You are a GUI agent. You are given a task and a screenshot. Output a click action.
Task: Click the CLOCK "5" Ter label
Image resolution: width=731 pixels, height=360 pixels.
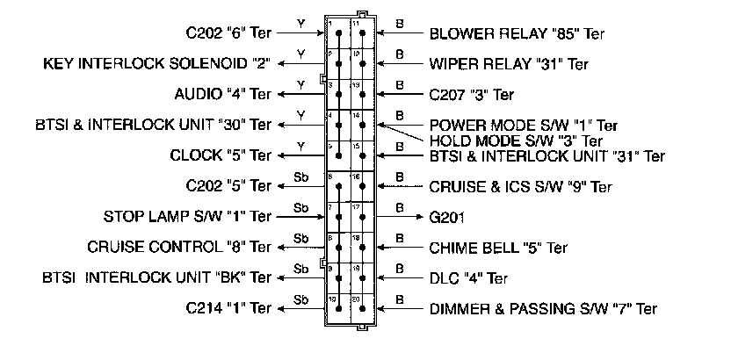[221, 156]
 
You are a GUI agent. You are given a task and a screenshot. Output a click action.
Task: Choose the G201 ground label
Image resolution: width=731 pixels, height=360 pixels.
[448, 216]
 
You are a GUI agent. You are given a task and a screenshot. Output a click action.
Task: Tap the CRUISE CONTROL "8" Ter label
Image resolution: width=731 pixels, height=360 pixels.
[180, 247]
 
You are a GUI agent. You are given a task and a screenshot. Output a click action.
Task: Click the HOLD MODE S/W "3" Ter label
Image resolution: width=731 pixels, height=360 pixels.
[515, 140]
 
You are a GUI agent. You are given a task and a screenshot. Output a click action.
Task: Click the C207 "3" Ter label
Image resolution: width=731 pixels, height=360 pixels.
[472, 94]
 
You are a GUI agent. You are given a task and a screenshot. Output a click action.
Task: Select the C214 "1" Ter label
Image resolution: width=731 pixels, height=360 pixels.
[228, 309]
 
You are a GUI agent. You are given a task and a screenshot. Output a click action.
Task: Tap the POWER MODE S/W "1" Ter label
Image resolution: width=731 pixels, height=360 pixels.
[523, 126]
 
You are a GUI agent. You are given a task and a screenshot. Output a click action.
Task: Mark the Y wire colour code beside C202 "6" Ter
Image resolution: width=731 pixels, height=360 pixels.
[301, 24]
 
